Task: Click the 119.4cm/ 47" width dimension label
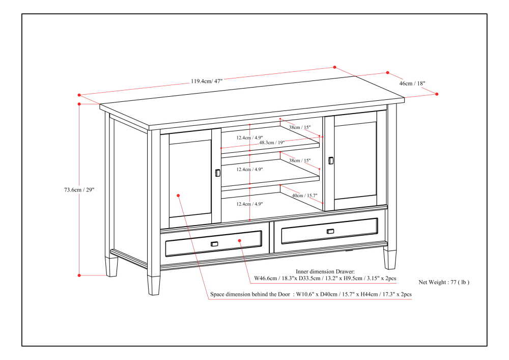pos(207,80)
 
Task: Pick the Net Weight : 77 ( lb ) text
pos(443,282)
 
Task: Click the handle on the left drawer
pos(214,244)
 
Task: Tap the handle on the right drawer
pos(330,231)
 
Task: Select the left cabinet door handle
pos(218,173)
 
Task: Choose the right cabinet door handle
pos(331,160)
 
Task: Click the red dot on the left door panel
pos(179,195)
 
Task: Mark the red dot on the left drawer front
pos(239,240)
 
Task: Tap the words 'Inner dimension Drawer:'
pos(325,272)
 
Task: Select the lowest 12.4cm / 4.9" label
pos(249,204)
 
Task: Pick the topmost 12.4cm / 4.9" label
pos(249,137)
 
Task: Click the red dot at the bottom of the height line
pos(79,275)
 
